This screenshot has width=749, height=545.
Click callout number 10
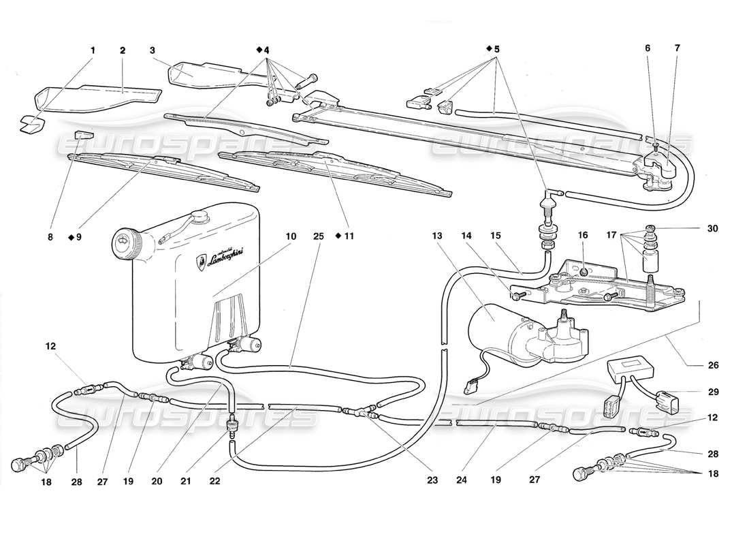291,236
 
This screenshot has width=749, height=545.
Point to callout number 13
436,236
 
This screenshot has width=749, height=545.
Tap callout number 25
319,236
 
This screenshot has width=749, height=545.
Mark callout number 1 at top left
93,50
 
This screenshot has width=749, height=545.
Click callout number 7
676,50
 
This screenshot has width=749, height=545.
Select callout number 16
584,236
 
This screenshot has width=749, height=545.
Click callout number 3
153,50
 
